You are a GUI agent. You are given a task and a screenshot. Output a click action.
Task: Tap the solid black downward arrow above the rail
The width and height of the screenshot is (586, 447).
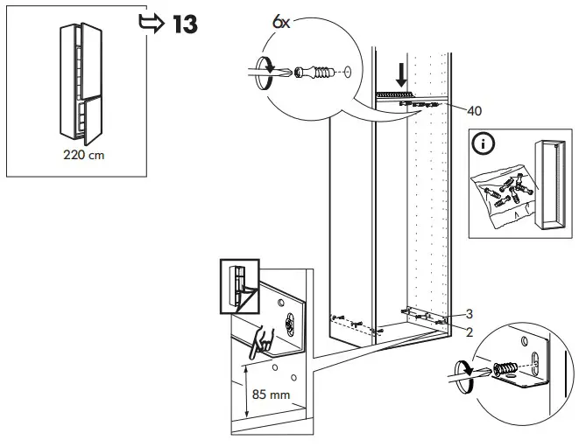(399, 69)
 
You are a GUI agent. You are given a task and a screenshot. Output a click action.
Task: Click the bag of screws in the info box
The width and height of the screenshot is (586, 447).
(503, 195)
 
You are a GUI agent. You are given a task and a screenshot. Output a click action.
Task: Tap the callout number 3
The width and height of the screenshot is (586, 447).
(470, 314)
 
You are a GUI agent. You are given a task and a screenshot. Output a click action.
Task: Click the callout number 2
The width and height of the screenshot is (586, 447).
(470, 332)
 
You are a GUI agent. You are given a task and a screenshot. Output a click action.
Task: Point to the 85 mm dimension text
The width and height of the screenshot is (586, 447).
(270, 395)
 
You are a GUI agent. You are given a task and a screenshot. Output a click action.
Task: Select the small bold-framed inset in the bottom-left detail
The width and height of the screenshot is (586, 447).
(237, 284)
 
